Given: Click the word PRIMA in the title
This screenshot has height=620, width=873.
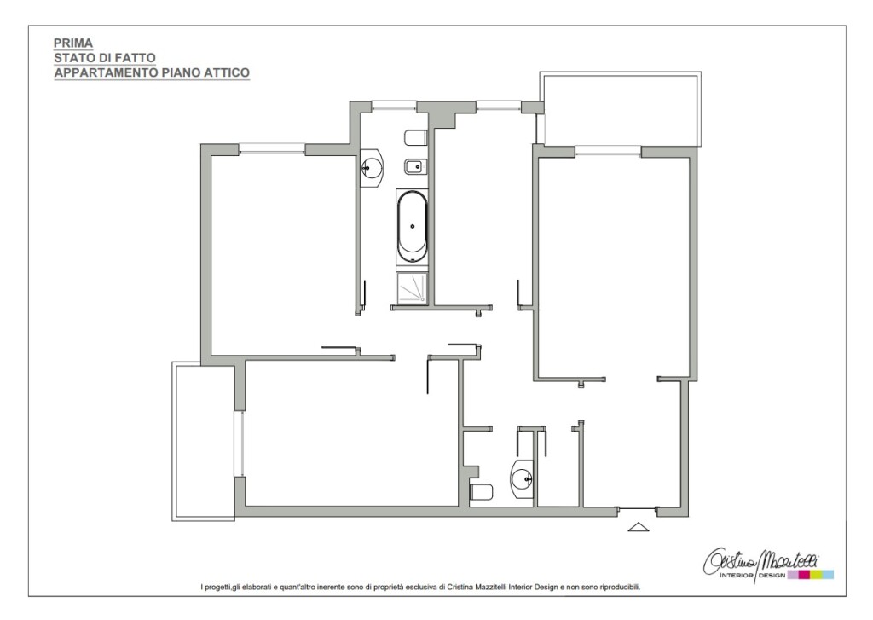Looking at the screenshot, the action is (x=73, y=43).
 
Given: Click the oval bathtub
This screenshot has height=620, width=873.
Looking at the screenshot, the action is (x=413, y=227).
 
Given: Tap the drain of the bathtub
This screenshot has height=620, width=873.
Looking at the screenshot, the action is (x=413, y=226).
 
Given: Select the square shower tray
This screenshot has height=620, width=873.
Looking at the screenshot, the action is (x=413, y=288).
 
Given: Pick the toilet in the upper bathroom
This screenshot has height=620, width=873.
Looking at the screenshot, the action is (x=416, y=137).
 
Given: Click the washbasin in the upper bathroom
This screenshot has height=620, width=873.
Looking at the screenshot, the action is (x=372, y=166).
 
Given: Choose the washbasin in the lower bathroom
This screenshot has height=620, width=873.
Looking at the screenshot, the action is (x=523, y=478).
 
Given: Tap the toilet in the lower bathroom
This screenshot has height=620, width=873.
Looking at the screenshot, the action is (x=482, y=492).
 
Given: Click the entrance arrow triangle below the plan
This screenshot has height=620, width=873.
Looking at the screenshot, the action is (x=639, y=526).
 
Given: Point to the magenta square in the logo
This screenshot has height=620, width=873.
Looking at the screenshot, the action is (x=804, y=575).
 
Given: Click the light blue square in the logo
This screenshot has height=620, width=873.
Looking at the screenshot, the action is (x=828, y=575).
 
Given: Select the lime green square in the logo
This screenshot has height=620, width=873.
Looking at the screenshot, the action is (x=816, y=575).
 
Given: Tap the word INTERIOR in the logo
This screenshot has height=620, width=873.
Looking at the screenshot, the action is (x=737, y=576).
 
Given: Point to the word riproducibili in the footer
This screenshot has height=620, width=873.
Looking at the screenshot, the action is (x=621, y=587).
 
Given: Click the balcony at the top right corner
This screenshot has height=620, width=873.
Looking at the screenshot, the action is (x=622, y=109).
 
